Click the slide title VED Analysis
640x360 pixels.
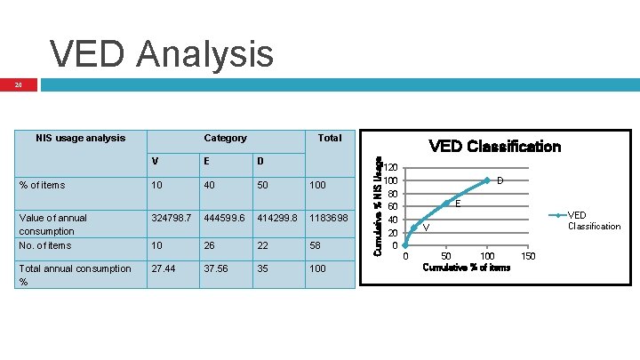click(162, 53)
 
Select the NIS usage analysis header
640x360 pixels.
click(80, 138)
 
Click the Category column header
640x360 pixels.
click(225, 138)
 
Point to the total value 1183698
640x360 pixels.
click(330, 218)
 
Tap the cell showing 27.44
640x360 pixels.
click(165, 268)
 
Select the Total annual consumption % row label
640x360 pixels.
click(75, 275)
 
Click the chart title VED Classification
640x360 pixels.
click(494, 147)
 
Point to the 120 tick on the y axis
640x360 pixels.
click(391, 167)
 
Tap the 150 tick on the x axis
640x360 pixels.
click(527, 257)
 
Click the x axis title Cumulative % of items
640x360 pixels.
click(467, 268)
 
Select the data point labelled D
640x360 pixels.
click(487, 180)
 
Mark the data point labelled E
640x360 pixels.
click(446, 204)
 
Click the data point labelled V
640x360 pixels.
click(414, 227)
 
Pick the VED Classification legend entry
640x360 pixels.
click(594, 220)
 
